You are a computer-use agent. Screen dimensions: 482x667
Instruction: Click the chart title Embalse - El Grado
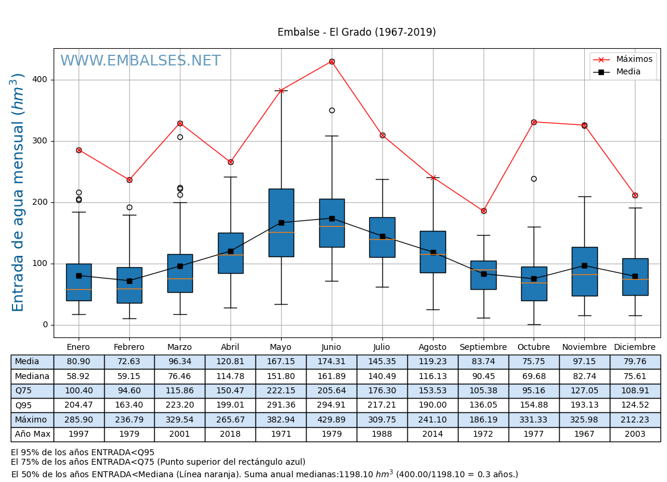pos(356,32)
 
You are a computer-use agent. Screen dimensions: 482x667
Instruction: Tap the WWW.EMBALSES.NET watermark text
pos(141,61)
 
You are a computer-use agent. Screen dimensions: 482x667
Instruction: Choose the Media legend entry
pos(628,72)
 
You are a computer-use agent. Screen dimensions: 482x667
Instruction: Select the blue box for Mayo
pos(281,223)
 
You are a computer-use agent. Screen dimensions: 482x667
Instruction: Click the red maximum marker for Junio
pos(332,61)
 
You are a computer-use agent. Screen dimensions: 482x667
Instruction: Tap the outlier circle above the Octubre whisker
pos(534,179)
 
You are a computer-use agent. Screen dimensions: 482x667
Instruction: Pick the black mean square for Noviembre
pos(584,265)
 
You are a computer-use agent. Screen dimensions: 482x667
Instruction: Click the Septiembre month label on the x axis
pos(483,348)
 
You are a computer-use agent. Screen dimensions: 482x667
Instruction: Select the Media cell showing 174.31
pos(331,362)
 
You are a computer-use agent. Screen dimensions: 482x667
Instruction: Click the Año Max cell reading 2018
pos(230,434)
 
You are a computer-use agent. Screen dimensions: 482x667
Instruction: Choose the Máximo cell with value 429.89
pos(331,420)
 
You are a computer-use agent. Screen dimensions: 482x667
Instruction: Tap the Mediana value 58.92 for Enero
pos(79,377)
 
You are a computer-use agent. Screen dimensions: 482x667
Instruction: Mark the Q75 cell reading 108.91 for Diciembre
pos(635,391)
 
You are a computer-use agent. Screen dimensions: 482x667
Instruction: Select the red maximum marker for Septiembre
pos(484,211)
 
